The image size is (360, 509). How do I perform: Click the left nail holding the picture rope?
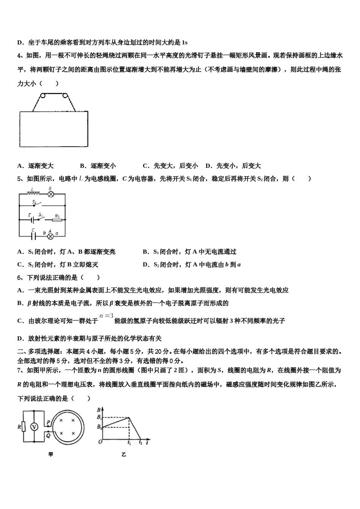[43, 95]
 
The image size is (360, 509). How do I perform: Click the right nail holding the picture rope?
[66, 95]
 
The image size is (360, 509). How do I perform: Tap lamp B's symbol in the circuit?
[50, 194]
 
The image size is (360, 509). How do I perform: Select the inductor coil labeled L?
[33, 193]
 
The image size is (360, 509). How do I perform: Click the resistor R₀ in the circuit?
[57, 219]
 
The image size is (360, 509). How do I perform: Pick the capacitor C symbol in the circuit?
[33, 235]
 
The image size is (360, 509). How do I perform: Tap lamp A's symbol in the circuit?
[50, 235]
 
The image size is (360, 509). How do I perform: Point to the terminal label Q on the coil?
[48, 435]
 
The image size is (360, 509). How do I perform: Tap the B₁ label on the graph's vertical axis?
[99, 417]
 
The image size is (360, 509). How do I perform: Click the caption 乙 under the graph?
[124, 454]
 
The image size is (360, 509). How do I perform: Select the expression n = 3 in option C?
[106, 316]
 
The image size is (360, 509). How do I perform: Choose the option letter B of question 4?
[82, 166]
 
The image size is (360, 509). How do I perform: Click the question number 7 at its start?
[19, 370]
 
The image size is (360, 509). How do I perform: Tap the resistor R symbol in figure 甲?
[23, 427]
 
